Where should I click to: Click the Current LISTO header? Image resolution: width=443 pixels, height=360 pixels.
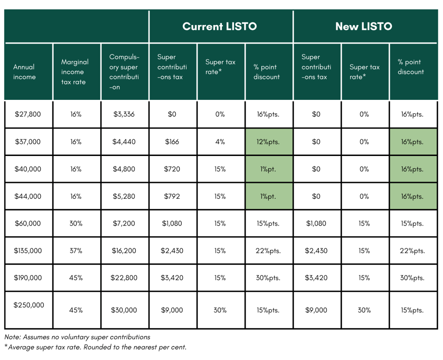[x=219, y=26]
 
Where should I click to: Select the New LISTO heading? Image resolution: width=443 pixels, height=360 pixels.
[x=363, y=26]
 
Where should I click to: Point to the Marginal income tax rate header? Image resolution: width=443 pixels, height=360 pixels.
[x=74, y=72]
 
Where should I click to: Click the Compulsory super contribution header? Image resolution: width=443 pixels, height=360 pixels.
[x=124, y=72]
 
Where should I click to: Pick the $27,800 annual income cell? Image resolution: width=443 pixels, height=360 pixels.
[x=28, y=114]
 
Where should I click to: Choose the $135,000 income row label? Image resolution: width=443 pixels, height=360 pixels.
[x=28, y=251]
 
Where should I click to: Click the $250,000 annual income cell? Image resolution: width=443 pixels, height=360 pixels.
[x=29, y=305]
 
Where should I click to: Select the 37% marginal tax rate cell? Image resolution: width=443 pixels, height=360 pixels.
[x=76, y=251]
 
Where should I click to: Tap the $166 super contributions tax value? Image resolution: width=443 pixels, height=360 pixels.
[x=172, y=142]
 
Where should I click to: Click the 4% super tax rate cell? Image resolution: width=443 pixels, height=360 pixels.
[x=220, y=142]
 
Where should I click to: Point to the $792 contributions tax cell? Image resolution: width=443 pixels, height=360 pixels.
[x=173, y=196]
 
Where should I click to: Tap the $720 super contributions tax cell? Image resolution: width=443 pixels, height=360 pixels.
[x=173, y=169]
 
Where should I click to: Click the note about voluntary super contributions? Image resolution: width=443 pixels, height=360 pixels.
[x=77, y=337]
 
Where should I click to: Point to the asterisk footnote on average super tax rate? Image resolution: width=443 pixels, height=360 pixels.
[x=95, y=347]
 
